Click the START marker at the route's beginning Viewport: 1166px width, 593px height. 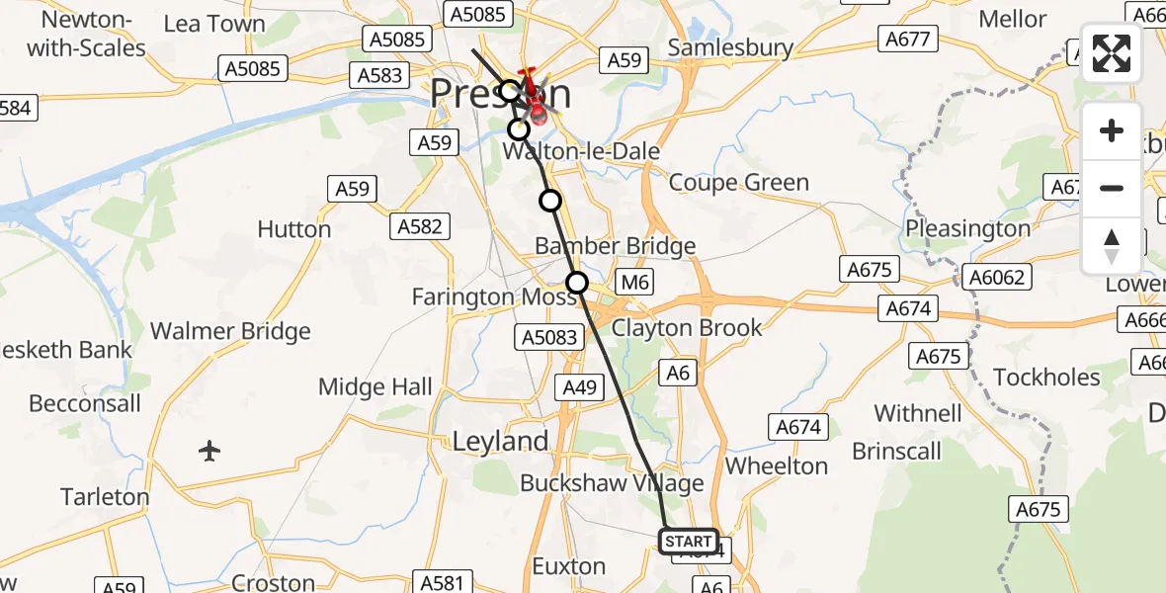coord(688,542)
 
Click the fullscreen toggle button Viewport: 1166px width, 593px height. coord(1112,53)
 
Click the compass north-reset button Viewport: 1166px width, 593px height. coord(1112,246)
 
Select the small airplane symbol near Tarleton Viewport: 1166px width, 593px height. coord(208,452)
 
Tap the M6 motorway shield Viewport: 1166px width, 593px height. coord(637,283)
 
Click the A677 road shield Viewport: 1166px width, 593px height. coord(906,39)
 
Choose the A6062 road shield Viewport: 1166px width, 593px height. coord(998,279)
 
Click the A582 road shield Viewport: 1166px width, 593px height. coord(419,226)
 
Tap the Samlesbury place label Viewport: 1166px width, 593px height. coord(730,47)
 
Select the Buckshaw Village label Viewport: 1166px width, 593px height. coord(612,483)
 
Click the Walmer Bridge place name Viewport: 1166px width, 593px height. coord(230,332)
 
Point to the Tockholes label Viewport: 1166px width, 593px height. coord(1046,378)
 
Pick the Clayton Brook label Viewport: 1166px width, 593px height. coord(687,327)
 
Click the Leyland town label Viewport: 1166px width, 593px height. coord(500,442)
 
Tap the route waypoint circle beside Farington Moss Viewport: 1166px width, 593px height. coord(577,284)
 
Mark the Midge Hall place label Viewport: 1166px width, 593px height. coord(375,386)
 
